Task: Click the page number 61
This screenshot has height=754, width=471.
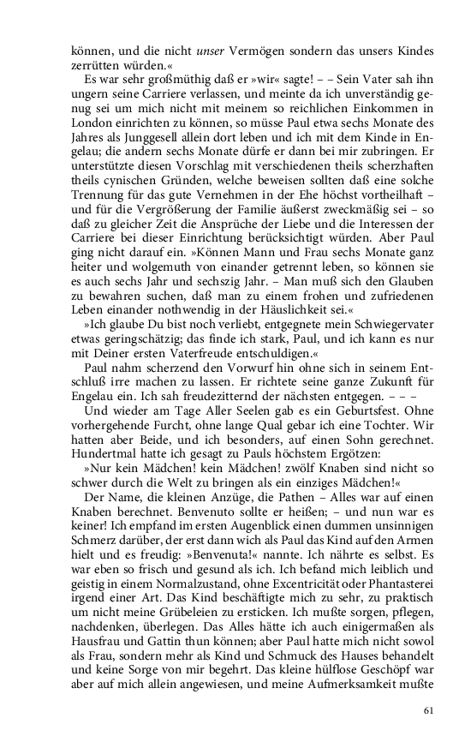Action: click(431, 710)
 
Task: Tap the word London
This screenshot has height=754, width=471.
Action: click(92, 123)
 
